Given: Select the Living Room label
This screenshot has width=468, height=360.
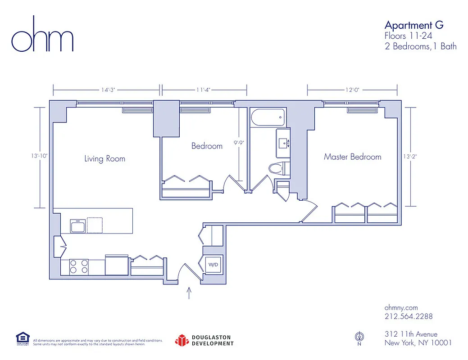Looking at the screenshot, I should [105, 159].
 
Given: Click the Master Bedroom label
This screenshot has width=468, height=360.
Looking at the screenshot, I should [352, 157].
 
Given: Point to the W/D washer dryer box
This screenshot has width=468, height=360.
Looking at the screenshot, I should [213, 265].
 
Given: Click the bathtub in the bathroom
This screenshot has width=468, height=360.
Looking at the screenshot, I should [267, 117].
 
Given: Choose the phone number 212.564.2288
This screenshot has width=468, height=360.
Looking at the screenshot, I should [409, 316].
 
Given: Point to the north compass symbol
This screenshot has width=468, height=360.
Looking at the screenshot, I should [359, 337].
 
